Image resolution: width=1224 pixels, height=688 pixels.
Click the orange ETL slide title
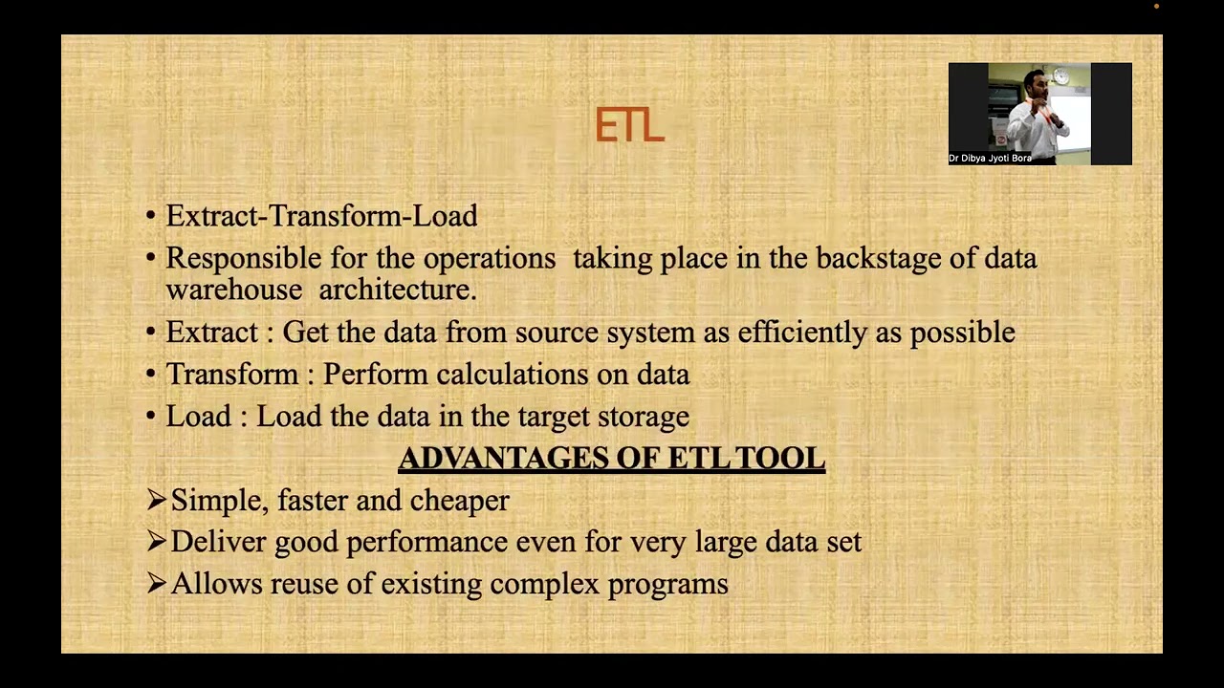629,126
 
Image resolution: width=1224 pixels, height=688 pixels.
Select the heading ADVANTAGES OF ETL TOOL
611,459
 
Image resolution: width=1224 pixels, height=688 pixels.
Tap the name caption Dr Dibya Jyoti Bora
990,158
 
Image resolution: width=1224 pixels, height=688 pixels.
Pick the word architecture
397,290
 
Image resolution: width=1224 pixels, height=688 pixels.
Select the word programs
667,585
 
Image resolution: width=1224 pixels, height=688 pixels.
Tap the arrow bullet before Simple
157,500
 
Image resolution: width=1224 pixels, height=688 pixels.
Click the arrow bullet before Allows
157,584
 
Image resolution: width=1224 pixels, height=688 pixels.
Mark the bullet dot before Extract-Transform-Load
151,217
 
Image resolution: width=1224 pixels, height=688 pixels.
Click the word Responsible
244,259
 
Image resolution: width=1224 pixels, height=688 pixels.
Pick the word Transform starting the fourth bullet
232,375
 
